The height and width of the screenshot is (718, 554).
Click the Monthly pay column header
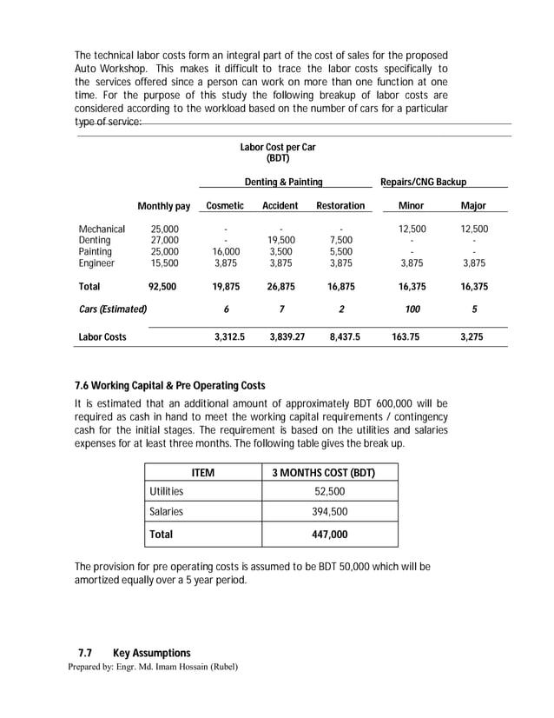point(163,206)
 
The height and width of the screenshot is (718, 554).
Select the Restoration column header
point(340,206)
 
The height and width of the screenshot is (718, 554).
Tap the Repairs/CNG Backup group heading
point(423,183)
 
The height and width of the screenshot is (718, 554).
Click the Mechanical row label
point(102,229)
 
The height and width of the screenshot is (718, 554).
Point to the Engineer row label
point(96,263)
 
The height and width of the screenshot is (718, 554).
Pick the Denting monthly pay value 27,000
point(165,241)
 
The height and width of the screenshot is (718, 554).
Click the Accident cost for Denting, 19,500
point(281,241)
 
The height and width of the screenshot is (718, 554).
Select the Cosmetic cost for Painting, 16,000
point(225,252)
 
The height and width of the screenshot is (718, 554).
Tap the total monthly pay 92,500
point(165,287)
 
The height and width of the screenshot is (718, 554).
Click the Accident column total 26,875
point(281,287)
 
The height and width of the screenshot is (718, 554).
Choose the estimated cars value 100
point(412,309)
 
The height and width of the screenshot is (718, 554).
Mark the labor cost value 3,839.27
point(281,337)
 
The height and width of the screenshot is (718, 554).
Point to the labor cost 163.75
point(412,337)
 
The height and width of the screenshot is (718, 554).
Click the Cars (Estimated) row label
point(113,309)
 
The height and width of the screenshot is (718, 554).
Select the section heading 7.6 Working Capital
point(172,385)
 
